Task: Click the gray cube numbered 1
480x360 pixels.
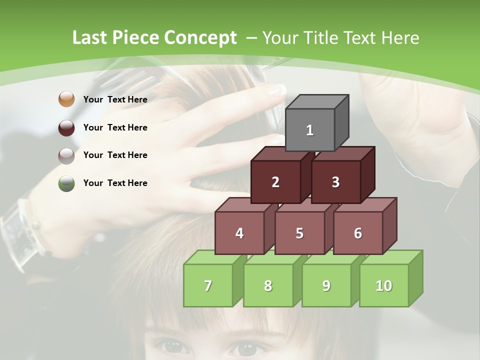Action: click(x=310, y=130)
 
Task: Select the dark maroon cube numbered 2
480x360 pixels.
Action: click(x=275, y=182)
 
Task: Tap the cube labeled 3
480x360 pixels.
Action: click(x=335, y=182)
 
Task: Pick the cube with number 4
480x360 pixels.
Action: click(x=239, y=233)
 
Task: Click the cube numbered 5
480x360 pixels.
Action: click(x=299, y=233)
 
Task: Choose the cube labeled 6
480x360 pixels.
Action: click(x=357, y=233)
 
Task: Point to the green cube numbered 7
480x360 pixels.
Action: click(x=208, y=285)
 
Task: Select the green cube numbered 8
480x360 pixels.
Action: click(x=268, y=285)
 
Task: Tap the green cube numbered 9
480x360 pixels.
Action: click(x=326, y=285)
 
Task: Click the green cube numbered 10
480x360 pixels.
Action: click(x=383, y=285)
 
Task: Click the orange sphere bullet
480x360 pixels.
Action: click(x=66, y=99)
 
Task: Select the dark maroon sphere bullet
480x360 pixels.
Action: click(x=66, y=127)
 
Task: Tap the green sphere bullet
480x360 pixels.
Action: click(x=66, y=183)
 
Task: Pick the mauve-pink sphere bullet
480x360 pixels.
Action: click(x=66, y=155)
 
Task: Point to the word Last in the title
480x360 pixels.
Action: click(x=91, y=38)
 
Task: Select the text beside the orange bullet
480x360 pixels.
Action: click(x=115, y=99)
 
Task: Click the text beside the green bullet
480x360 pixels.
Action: click(x=115, y=183)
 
